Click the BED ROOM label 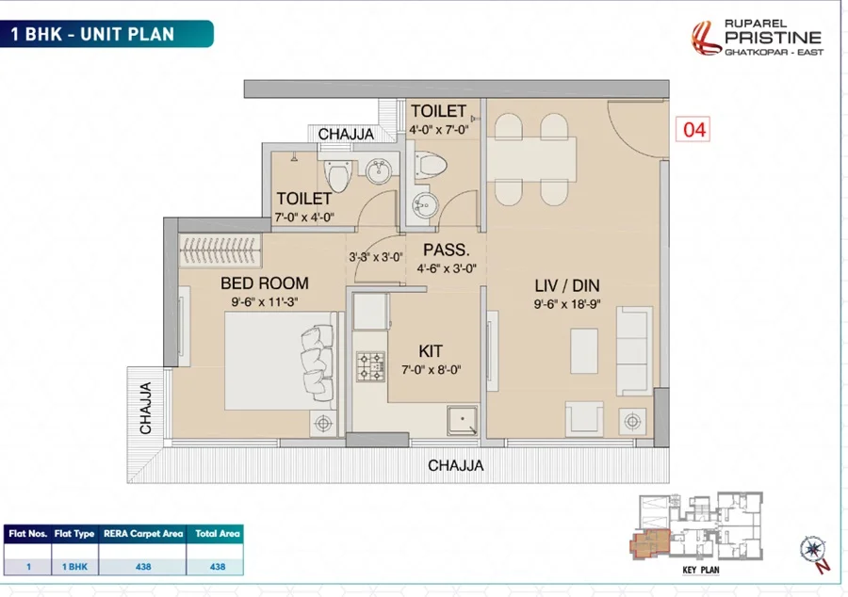point(265,283)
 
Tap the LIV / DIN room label point(567,285)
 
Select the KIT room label point(431,351)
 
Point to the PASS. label point(447,250)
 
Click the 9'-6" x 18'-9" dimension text point(567,304)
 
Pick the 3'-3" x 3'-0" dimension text point(376,257)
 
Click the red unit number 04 point(693,130)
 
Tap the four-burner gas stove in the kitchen point(370,366)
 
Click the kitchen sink point(462,420)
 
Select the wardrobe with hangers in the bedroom point(220,250)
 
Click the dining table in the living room point(531,159)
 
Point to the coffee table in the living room point(584,351)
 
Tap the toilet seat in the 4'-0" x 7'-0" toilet point(430,164)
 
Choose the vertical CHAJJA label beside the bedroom point(145,408)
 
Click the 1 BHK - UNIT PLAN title point(92,34)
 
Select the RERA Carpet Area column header point(143,534)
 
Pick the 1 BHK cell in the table point(74,567)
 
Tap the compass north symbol point(813,551)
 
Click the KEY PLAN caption point(701,570)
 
